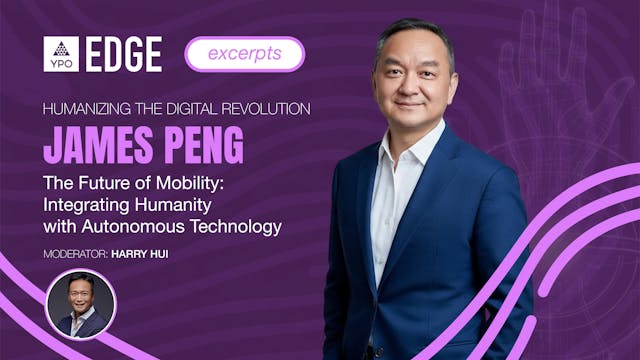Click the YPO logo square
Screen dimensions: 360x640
pyautogui.click(x=61, y=54)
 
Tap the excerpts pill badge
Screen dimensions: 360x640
pyautogui.click(x=244, y=54)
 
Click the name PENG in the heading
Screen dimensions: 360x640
pyautogui.click(x=198, y=144)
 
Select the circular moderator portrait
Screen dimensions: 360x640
pyautogui.click(x=81, y=304)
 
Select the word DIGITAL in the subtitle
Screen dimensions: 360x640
pyautogui.click(x=189, y=107)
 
